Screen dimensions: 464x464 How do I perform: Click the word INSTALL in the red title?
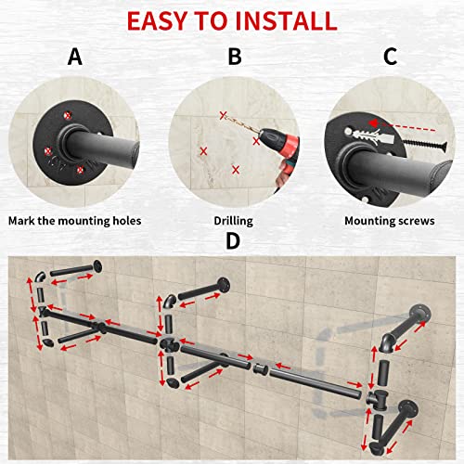286,21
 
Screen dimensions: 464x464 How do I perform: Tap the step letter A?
75,57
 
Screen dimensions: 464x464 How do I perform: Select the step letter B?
235,57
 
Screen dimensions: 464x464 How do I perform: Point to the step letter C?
390,57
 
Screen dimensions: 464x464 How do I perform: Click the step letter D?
233,241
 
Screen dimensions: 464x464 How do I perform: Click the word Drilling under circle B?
234,221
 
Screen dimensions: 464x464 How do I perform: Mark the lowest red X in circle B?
236,170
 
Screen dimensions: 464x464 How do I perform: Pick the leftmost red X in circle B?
203,151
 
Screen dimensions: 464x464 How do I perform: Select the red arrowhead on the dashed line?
373,123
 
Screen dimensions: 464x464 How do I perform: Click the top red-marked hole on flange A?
68,116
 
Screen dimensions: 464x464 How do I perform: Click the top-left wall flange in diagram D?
97,266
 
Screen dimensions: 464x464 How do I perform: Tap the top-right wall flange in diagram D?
420,314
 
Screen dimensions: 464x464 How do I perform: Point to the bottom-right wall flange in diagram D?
408,409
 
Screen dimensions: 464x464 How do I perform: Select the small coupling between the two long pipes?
260,368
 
